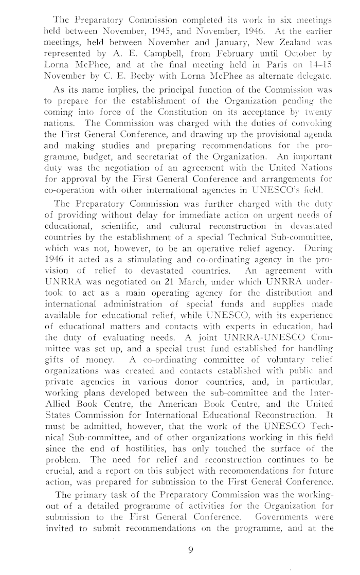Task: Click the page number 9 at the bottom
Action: (x=190, y=550)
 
